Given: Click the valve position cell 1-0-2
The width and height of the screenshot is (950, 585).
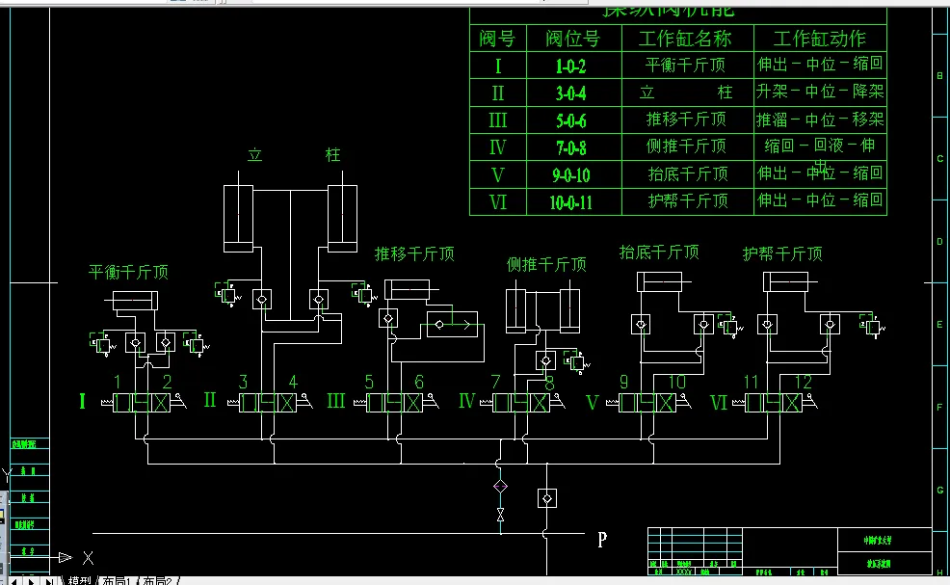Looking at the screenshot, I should [x=570, y=66].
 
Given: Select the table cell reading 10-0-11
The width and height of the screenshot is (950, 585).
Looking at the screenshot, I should [x=570, y=202].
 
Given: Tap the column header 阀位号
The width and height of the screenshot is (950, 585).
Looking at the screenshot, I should [x=572, y=40].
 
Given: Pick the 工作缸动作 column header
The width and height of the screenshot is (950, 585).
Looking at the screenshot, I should [x=819, y=40].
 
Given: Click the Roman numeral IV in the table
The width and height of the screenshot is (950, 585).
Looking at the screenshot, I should [x=497, y=147].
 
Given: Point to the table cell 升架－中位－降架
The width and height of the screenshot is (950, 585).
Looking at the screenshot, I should [x=819, y=93].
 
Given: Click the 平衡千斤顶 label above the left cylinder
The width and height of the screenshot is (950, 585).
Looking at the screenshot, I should [x=128, y=273].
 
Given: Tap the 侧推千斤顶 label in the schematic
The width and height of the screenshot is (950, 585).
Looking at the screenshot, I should [x=546, y=264].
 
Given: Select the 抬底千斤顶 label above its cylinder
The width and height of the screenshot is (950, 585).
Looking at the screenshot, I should [x=659, y=253].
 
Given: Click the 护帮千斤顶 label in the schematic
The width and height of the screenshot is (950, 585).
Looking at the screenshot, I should [x=782, y=254].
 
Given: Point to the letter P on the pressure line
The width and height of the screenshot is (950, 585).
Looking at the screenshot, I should [x=602, y=540].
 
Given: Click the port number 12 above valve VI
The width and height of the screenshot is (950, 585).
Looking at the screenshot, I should [x=803, y=383].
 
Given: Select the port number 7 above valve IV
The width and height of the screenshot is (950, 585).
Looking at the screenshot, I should [x=495, y=383].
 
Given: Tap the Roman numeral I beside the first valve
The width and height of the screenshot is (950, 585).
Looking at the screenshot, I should [x=82, y=401].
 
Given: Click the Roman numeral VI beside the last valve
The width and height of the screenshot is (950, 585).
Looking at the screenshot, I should [x=719, y=402].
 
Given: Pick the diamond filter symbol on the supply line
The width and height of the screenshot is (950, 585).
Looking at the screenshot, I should [x=500, y=485].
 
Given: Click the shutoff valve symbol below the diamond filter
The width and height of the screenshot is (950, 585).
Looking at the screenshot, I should [x=500, y=515].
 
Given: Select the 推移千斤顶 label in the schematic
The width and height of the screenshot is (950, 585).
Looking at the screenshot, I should [x=414, y=254].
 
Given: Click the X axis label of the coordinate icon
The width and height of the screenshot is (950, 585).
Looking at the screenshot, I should [x=88, y=557].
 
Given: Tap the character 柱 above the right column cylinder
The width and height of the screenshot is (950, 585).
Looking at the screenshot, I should [x=332, y=155].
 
